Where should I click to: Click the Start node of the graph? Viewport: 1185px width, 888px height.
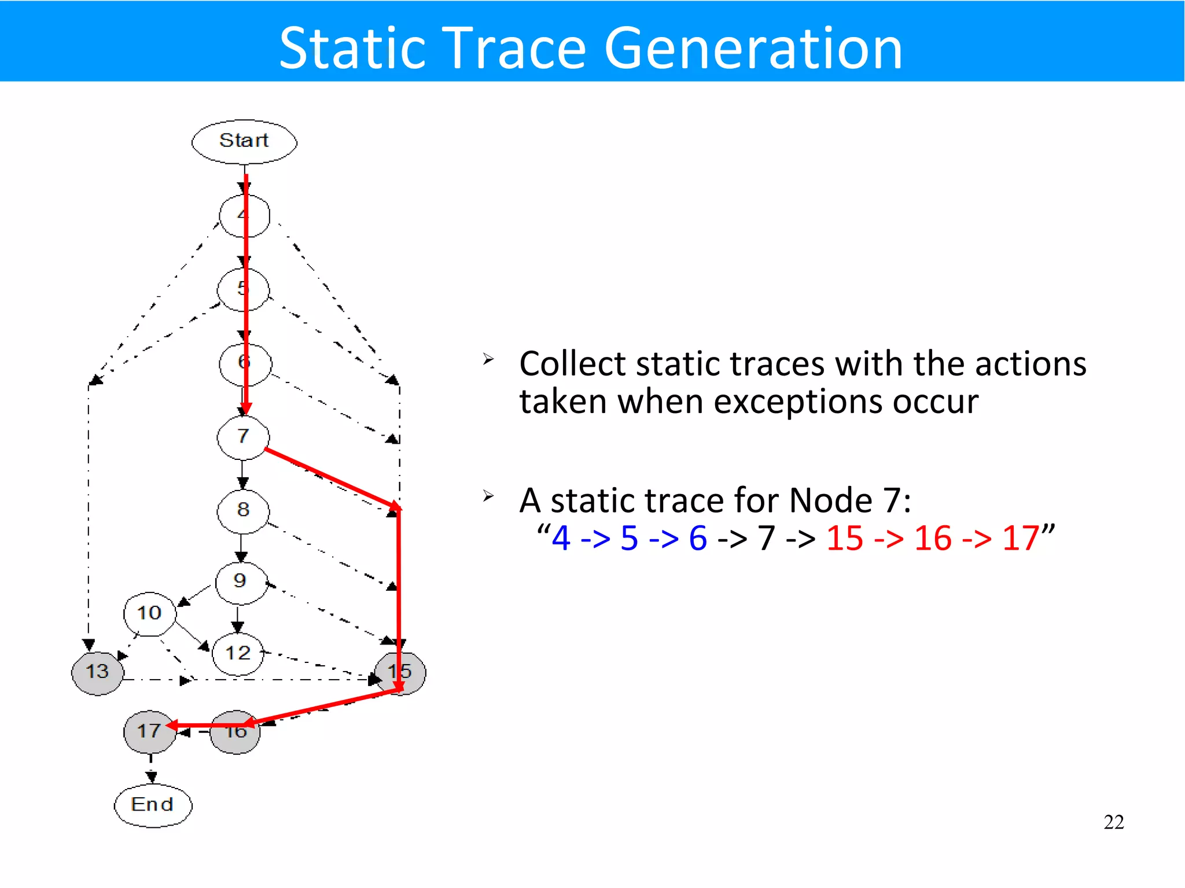coord(244,142)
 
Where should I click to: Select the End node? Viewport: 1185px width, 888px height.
coord(153,805)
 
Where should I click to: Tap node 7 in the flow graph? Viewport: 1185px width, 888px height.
coord(243,437)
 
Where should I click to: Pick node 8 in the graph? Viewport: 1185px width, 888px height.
coord(243,510)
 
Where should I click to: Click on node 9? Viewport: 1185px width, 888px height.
coord(241,582)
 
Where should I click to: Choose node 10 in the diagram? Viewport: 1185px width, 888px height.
coord(149,613)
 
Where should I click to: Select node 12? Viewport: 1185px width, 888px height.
coord(238,654)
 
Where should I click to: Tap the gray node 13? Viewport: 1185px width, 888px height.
coord(97,672)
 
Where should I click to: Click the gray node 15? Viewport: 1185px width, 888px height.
coord(400,672)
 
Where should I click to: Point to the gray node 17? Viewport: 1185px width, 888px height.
coord(149,732)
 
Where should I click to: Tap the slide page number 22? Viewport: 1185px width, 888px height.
coord(1113,822)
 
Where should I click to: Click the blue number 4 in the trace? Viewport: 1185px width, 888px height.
coord(561,539)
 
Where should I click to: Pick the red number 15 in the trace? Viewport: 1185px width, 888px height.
coord(845,539)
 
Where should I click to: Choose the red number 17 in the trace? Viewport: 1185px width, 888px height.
coord(1021,539)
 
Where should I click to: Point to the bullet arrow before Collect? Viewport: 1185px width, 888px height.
coord(488,360)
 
